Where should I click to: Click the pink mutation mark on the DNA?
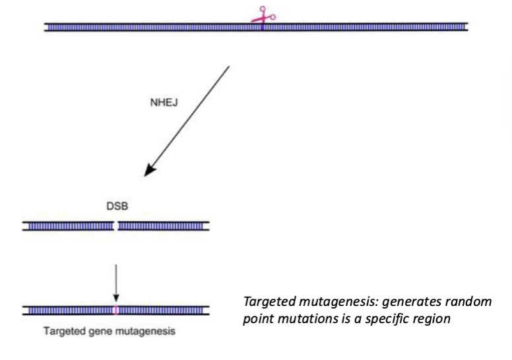(116, 310)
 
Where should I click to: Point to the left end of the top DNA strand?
(46, 27)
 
